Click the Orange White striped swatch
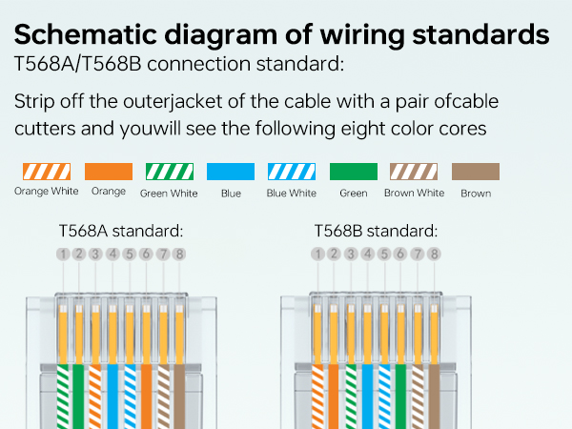point(46,173)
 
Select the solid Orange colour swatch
point(109,173)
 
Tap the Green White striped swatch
point(169,173)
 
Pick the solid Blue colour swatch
point(231,173)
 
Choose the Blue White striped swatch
point(292,173)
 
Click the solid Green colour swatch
point(354,173)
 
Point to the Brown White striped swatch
point(414,173)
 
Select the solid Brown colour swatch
point(476,173)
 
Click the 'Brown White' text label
point(414,194)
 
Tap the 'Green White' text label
point(169,194)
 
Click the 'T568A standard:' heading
point(120,231)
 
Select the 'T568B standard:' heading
point(376,231)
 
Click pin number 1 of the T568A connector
point(63,255)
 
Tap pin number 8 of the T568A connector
point(179,255)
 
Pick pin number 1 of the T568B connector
point(317,255)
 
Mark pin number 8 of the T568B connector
point(434,255)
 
